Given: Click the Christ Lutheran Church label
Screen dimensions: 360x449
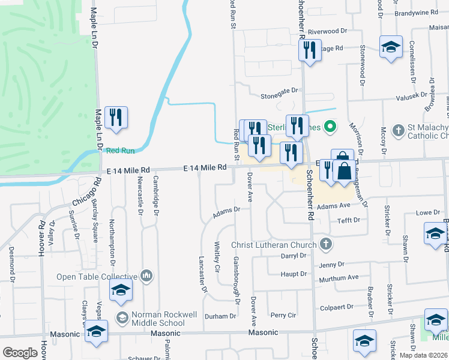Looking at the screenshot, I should pos(274,245).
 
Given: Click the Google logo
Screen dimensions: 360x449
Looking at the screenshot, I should pos(20,353).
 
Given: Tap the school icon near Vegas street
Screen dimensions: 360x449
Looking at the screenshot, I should pos(121,291).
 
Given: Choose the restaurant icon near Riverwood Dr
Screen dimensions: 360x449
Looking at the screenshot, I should pos(309,50).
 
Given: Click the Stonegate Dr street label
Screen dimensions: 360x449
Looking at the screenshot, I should pos(279,90).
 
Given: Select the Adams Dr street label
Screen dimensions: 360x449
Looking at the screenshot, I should pos(227,210).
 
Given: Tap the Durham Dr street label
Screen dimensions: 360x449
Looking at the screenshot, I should pos(220,316).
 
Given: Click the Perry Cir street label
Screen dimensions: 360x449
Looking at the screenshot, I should pos(283,315).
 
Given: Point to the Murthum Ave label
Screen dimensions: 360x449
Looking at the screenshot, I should pos(339,278).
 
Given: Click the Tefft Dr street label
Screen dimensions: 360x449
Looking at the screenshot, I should pos(348,220).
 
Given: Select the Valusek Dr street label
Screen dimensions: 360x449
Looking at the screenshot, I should pos(410,95).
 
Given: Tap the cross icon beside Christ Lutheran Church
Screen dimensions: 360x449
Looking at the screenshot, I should pos(326,244).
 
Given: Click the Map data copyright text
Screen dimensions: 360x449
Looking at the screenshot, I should pos(423,355).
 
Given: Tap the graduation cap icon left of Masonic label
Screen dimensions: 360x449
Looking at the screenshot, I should pos(97,332).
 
